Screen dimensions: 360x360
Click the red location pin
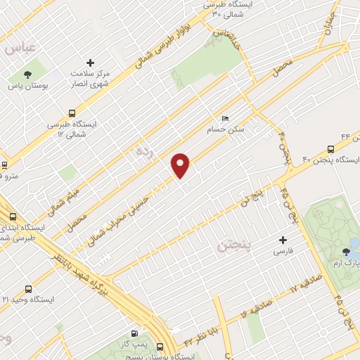click(181, 165)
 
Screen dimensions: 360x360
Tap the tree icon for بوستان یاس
click(27, 74)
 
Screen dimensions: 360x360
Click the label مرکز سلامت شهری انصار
click(89, 79)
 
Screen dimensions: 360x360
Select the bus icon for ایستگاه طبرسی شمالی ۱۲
click(72, 113)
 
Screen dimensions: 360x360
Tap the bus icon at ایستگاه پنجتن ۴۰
click(330, 149)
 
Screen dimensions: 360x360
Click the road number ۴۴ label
click(345, 136)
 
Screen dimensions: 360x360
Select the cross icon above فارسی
click(283, 240)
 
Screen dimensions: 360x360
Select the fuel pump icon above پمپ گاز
click(134, 333)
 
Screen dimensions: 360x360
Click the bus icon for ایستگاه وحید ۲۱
click(28, 289)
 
